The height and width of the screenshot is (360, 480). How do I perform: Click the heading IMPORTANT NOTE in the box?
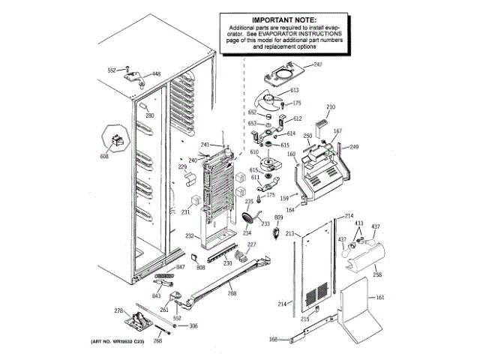(284, 19)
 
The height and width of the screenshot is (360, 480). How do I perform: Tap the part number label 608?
(104, 156)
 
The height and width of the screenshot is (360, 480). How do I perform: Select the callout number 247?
(316, 65)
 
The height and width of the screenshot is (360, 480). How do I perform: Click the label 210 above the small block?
(331, 106)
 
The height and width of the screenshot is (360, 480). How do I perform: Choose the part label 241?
(205, 145)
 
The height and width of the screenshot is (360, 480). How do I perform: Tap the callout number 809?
(278, 217)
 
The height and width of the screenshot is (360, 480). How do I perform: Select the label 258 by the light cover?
(377, 275)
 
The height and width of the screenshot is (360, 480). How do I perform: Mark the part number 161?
(380, 298)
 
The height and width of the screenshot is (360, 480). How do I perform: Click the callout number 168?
(273, 340)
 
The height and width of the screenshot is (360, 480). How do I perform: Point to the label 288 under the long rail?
(232, 292)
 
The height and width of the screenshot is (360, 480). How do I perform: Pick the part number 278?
(118, 310)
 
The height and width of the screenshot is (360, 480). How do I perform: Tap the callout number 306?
(193, 325)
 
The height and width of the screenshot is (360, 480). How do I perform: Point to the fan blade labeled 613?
(268, 98)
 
